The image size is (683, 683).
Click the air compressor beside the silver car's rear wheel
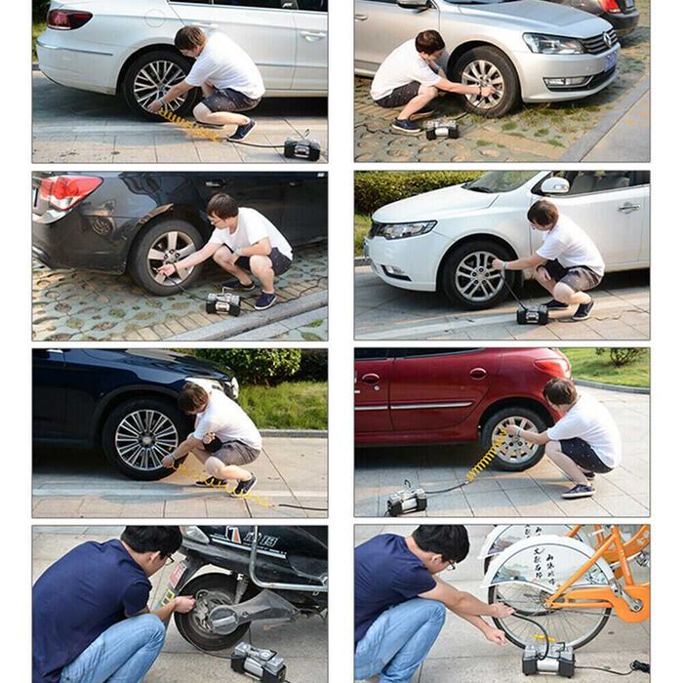click(x=301, y=148)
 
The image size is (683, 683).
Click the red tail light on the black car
click(x=67, y=191)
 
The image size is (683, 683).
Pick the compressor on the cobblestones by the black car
click(x=222, y=303)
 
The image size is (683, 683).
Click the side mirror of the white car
click(x=554, y=184)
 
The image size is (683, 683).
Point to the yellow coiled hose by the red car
click(x=487, y=457)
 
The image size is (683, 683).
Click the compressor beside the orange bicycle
click(x=547, y=659)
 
